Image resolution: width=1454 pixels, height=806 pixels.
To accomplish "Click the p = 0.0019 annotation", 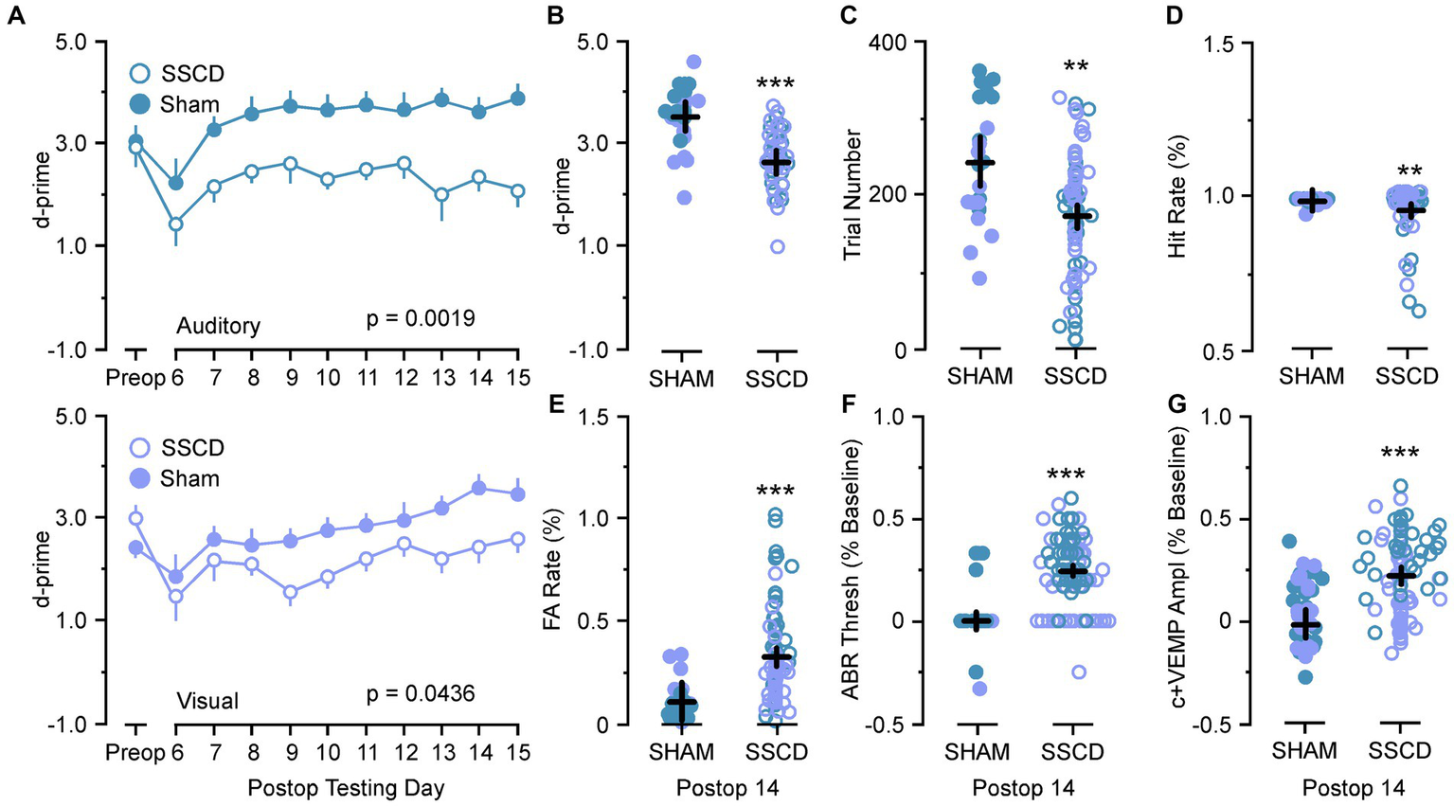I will [x=421, y=319].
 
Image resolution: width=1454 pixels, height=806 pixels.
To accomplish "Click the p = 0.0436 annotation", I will [x=421, y=694].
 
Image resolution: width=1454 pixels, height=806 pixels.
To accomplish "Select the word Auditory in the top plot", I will [x=218, y=326].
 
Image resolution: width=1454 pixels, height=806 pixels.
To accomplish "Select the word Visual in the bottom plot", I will [x=207, y=702].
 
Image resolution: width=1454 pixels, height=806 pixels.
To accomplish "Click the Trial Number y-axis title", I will [x=853, y=195].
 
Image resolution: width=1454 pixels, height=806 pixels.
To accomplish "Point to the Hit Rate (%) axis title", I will [x=1177, y=195].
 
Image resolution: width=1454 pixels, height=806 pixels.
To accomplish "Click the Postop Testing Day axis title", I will [x=346, y=787].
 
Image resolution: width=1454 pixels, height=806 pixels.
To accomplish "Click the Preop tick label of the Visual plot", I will [x=135, y=753].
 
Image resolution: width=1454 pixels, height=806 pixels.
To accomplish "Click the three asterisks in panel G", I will [x=1399, y=454].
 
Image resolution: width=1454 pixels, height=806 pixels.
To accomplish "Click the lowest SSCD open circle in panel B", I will [x=778, y=246].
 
